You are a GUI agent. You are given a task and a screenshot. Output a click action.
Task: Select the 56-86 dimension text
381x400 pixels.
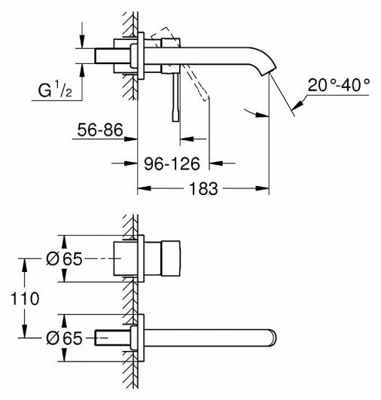pos(101,130)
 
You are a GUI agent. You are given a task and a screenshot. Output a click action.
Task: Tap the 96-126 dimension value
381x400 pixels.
pos(177,163)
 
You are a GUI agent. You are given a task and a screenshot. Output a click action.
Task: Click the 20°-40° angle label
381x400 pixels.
pos(339,85)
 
